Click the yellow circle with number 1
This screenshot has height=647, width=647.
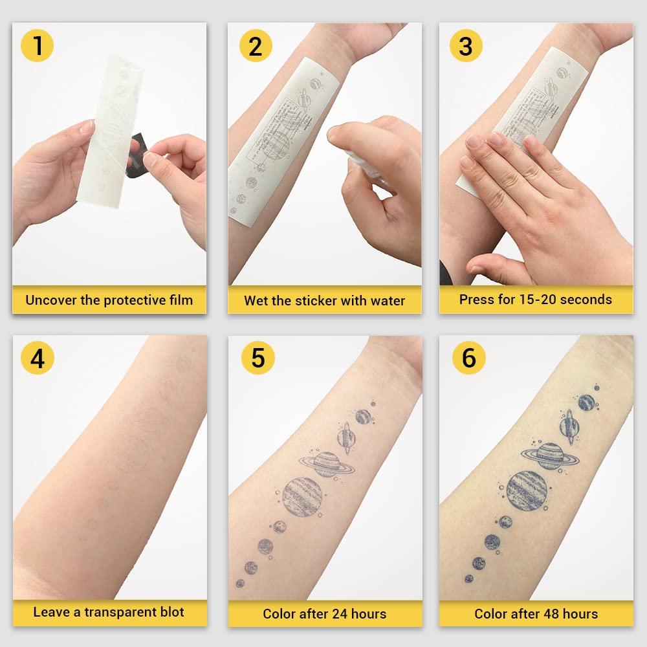click(x=38, y=47)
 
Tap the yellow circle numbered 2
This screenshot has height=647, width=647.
click(x=256, y=47)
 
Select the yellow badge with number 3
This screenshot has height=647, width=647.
click(x=467, y=47)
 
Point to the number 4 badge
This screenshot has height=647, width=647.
click(x=38, y=358)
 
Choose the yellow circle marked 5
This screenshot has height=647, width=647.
click(x=258, y=358)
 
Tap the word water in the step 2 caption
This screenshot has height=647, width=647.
click(x=386, y=301)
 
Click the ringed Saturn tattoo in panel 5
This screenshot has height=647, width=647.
click(x=326, y=464)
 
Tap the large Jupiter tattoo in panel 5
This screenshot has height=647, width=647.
click(x=302, y=496)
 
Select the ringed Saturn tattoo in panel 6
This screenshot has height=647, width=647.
click(x=550, y=456)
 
